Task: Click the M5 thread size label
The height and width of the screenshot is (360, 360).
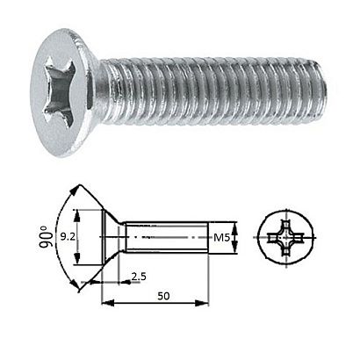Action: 223,236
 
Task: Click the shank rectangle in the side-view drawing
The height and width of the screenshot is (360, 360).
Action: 167,237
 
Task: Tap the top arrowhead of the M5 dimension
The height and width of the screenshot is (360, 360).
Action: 236,223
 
